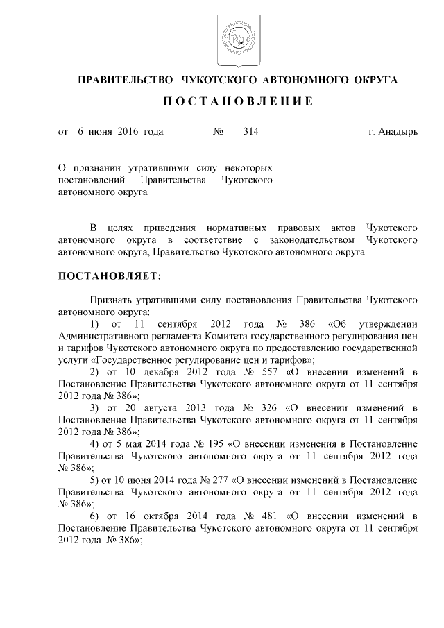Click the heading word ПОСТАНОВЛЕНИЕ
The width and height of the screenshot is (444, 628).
tap(237, 101)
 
